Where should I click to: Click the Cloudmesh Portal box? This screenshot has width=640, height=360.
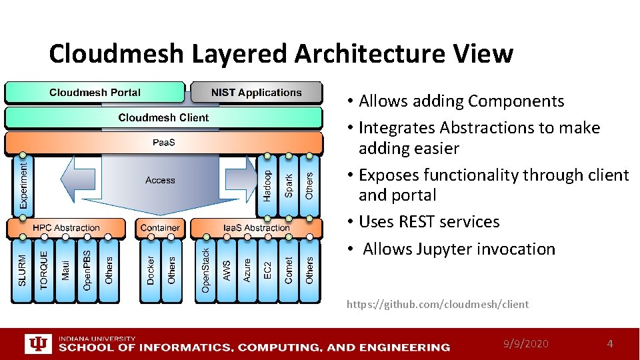(x=95, y=93)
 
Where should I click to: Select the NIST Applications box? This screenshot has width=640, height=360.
(x=256, y=93)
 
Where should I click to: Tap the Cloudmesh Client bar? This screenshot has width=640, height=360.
(x=163, y=118)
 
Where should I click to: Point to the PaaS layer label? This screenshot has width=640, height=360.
(x=163, y=142)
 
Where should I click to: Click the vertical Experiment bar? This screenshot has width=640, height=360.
(x=24, y=184)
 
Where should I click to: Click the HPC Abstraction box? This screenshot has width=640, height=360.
(x=66, y=228)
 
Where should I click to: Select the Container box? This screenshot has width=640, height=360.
(x=160, y=228)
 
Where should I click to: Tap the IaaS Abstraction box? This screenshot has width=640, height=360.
(x=257, y=228)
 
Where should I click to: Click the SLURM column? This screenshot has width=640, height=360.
(x=23, y=270)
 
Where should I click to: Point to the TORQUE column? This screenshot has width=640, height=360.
(x=44, y=270)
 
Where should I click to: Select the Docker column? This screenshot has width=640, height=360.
(x=151, y=270)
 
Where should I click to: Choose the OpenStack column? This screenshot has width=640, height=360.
(x=205, y=270)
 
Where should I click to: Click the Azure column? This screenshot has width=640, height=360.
(x=247, y=270)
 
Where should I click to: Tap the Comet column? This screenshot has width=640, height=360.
(x=288, y=270)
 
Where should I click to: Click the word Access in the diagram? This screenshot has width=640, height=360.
(x=160, y=181)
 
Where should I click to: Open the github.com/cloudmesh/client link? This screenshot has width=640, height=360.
(x=437, y=305)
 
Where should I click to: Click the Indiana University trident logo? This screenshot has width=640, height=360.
(x=37, y=344)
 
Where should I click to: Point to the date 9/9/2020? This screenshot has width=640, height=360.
(x=526, y=344)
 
